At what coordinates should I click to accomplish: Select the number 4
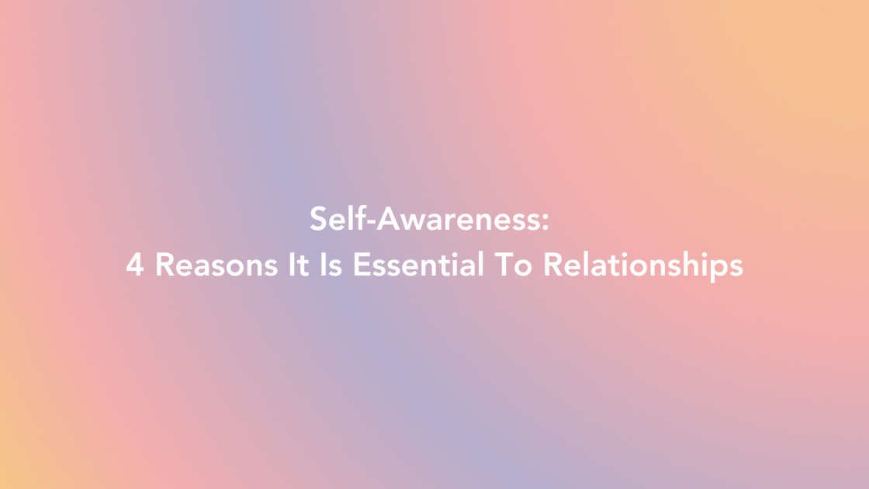point(134,265)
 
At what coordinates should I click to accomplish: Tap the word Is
point(329,265)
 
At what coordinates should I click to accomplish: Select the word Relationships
point(642,266)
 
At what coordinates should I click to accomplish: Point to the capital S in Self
point(317,220)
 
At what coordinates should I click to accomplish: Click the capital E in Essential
point(360,265)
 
